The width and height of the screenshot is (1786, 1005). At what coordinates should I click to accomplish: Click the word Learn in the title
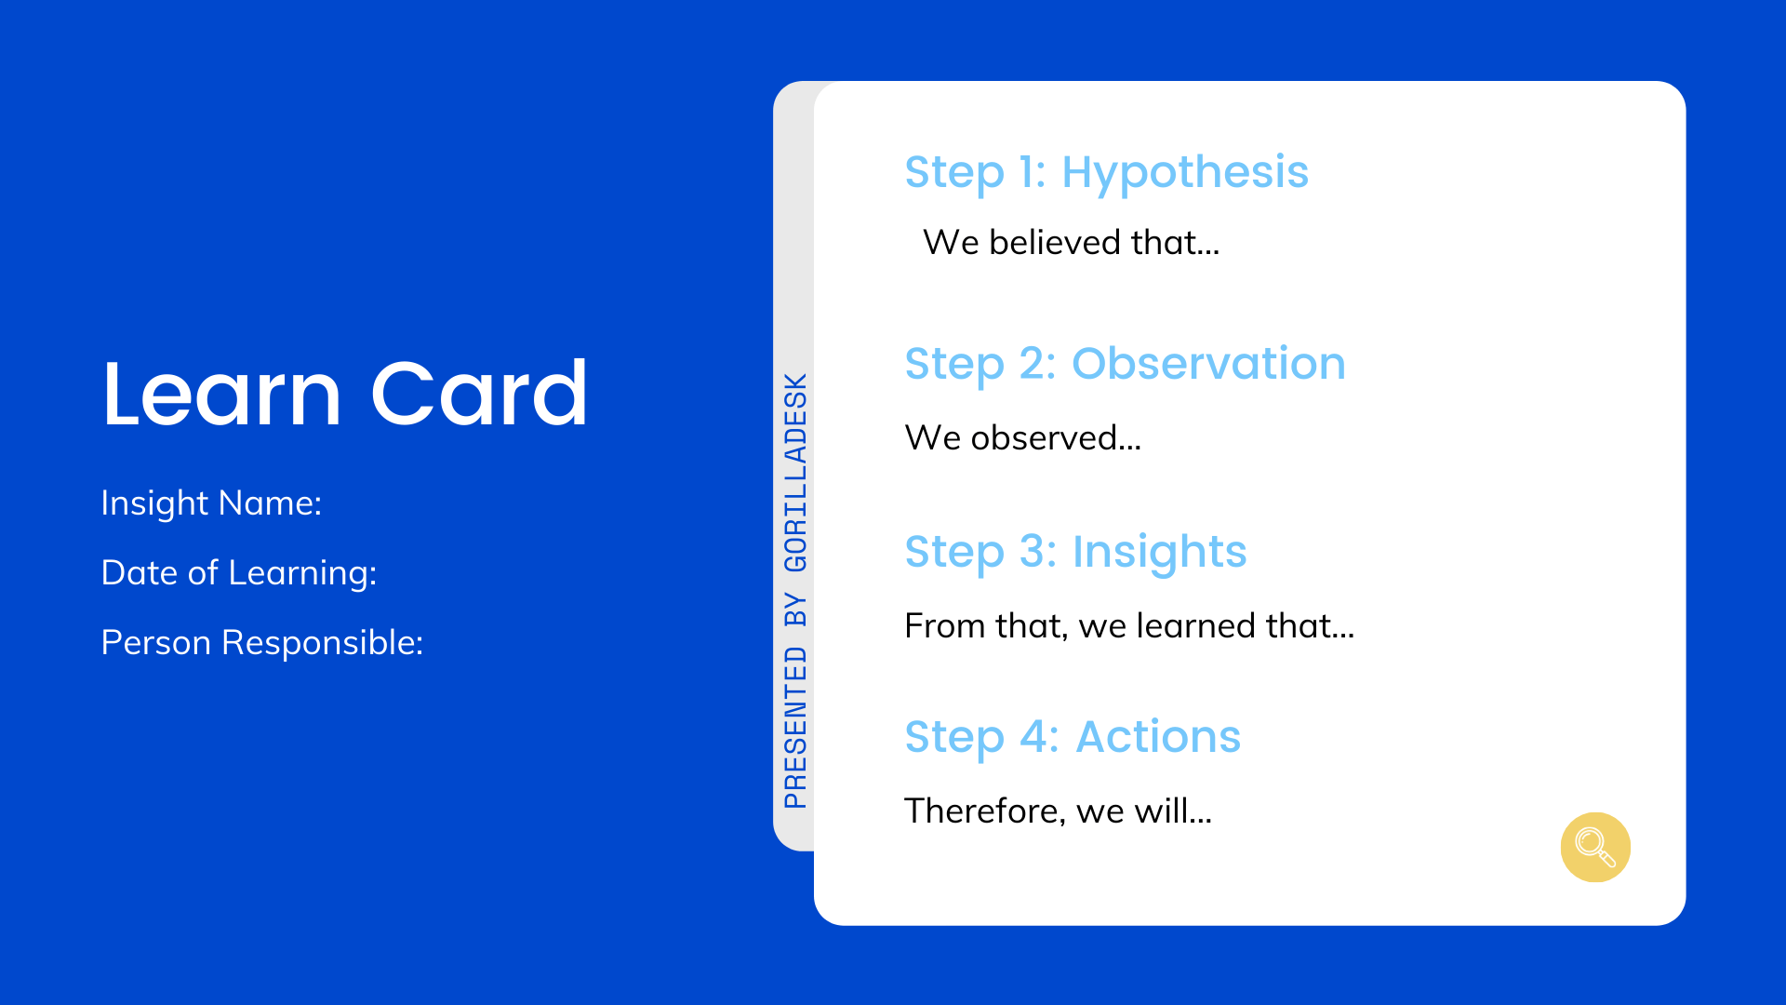point(222,394)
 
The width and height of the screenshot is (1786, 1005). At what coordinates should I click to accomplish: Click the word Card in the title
point(480,394)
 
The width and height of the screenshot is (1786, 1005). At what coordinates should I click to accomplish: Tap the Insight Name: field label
point(211,503)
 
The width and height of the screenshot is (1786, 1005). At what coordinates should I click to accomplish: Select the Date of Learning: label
point(239,573)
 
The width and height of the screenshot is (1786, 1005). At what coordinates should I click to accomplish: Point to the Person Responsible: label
point(262,643)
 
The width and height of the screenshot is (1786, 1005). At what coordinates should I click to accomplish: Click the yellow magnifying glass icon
point(1595,847)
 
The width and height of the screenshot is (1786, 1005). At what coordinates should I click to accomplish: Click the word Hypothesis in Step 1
point(1185,173)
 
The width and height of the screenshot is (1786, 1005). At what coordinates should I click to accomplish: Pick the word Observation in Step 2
point(1208,363)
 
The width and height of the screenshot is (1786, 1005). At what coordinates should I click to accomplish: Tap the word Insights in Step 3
point(1159,553)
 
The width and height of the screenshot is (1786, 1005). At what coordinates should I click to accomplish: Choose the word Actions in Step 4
point(1158,737)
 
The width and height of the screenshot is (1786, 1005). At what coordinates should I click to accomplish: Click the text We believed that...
point(1071,243)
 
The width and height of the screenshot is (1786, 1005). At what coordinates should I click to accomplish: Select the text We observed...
point(1022,438)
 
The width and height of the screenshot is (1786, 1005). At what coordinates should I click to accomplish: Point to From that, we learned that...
point(1129,626)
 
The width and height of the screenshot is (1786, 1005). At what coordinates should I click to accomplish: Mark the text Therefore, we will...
point(1058,811)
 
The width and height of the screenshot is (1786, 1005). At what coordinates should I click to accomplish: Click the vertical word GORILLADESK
point(795,473)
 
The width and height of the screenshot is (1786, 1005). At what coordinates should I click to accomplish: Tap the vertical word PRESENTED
point(795,728)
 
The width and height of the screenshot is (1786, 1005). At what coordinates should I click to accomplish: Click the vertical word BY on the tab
point(795,610)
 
